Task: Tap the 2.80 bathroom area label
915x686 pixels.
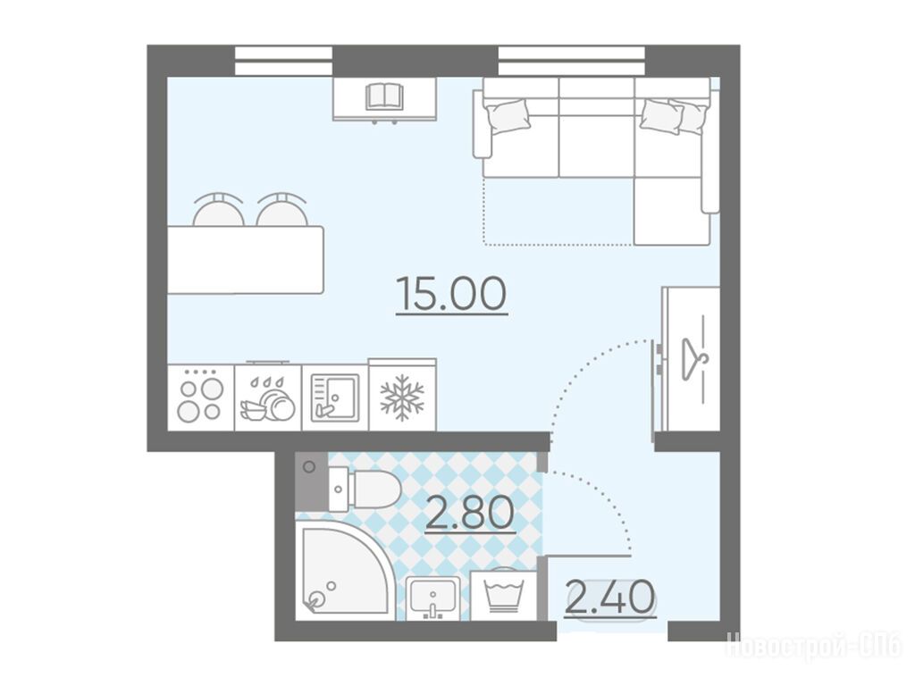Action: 470,514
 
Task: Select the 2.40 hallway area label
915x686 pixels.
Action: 610,598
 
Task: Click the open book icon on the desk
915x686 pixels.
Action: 384,96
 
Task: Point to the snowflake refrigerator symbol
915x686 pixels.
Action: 402,397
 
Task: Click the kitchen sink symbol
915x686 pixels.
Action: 334,397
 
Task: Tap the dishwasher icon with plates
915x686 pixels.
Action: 266,399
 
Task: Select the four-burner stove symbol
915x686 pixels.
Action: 201,395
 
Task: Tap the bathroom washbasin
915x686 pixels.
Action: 432,598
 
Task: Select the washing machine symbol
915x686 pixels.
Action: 504,593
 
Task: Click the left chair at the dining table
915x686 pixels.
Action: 219,210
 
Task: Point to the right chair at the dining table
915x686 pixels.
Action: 281,210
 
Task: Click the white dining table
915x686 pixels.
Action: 245,260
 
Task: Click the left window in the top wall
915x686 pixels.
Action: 283,62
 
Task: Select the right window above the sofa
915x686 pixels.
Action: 572,62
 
